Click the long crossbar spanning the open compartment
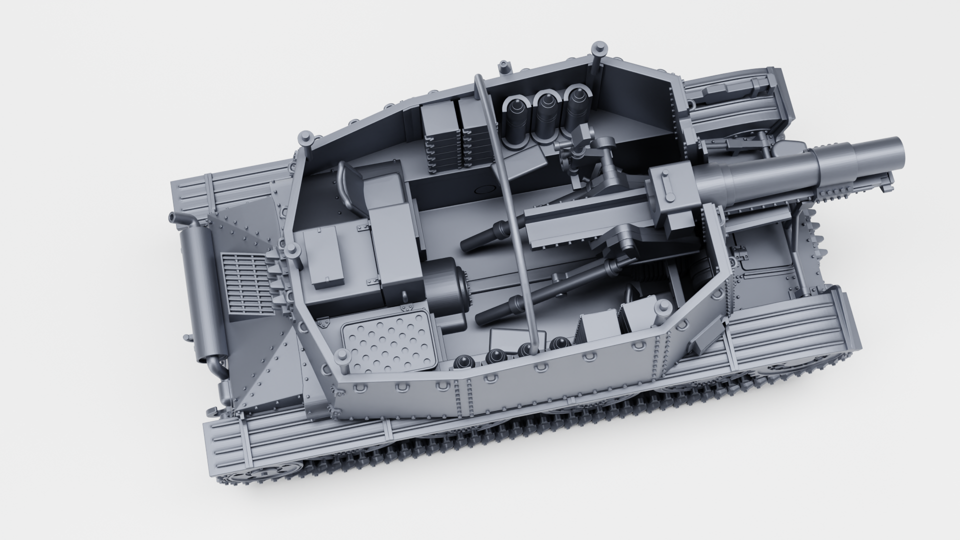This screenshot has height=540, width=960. click(x=505, y=200)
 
